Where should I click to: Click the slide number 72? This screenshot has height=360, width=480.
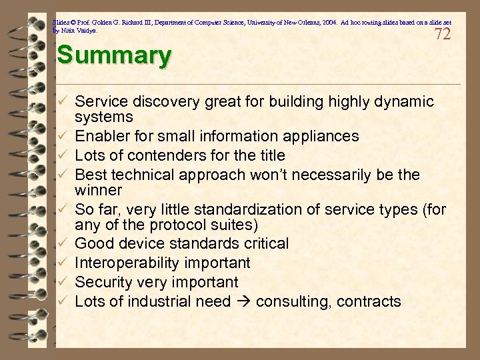(x=443, y=34)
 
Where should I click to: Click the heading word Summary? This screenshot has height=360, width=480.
(x=113, y=55)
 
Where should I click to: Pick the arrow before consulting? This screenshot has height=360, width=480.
(x=245, y=302)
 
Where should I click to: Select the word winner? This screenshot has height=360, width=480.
(x=96, y=190)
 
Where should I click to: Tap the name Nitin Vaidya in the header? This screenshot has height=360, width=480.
(x=78, y=31)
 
